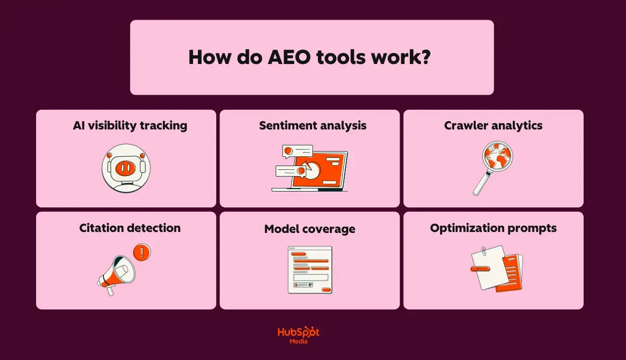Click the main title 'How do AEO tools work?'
click(309, 57)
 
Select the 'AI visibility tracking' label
click(130, 126)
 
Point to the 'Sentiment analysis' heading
click(313, 126)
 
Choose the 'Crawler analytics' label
click(493, 126)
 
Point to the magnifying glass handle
click(482, 183)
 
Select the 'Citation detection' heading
click(130, 228)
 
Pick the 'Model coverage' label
click(310, 229)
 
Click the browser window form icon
click(310, 270)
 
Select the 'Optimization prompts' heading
click(493, 228)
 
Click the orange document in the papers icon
click(511, 273)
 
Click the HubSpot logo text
click(299, 333)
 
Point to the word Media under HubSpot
click(299, 341)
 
